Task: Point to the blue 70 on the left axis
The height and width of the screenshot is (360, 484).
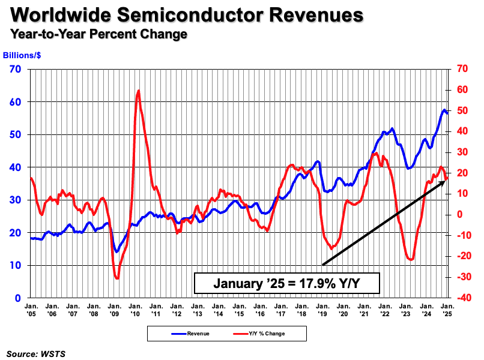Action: click(x=16, y=69)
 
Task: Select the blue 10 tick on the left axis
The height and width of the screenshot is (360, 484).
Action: click(x=16, y=265)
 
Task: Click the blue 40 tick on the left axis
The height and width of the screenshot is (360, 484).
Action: click(x=16, y=167)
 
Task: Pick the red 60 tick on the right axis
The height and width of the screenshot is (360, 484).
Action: click(x=462, y=89)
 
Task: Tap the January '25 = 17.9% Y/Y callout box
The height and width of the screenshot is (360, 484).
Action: click(x=286, y=282)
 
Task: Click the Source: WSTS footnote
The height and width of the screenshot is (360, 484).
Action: click(x=36, y=354)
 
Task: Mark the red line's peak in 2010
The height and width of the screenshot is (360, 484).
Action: click(x=139, y=91)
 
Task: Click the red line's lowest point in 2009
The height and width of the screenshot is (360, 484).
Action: click(x=117, y=278)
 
